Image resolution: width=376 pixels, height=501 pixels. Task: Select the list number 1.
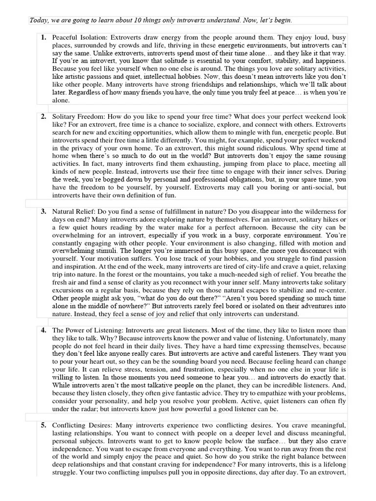44,37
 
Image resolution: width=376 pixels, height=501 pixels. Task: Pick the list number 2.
44,116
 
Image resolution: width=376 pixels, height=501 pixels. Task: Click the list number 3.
44,211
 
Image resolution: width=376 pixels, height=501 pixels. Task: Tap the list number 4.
44,330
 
